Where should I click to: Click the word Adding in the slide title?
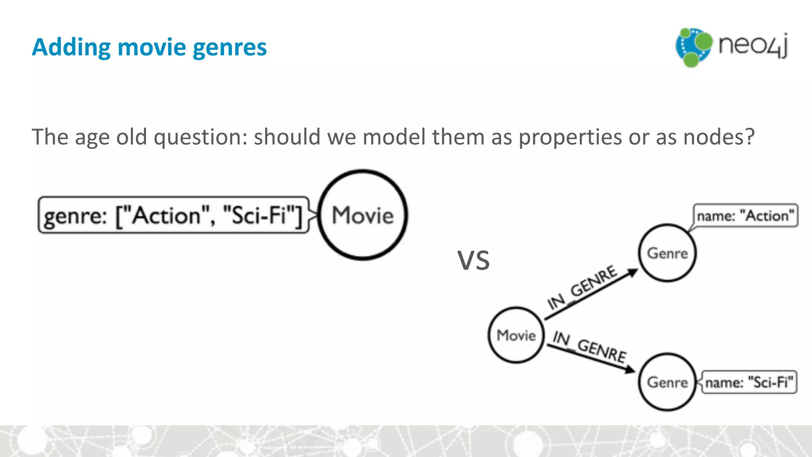pos(71,48)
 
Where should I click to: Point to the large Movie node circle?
pos(363,215)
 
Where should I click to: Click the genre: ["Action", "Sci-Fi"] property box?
pos(173,215)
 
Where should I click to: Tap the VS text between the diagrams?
pos(473,261)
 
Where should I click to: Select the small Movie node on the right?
pos(516,335)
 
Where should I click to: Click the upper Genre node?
pos(667,253)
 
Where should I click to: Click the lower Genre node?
pos(667,382)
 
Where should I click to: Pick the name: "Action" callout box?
pos(745,216)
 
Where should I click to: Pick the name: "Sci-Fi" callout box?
pos(749,382)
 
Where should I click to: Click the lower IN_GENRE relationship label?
pos(590,346)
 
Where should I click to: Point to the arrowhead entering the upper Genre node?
pos(632,272)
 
